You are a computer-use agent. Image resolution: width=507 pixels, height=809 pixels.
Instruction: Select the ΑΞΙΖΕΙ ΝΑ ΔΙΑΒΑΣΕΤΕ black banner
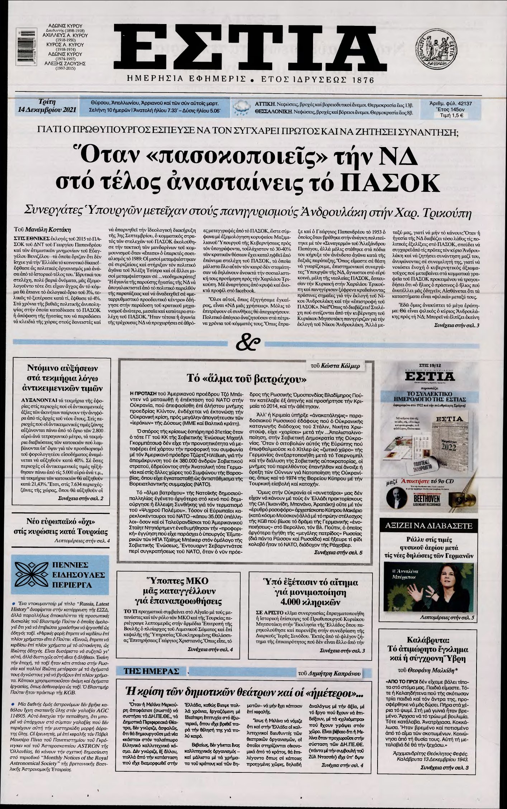[429, 526]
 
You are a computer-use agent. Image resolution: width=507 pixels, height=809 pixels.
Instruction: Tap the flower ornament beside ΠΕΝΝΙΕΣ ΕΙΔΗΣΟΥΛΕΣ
[30, 575]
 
